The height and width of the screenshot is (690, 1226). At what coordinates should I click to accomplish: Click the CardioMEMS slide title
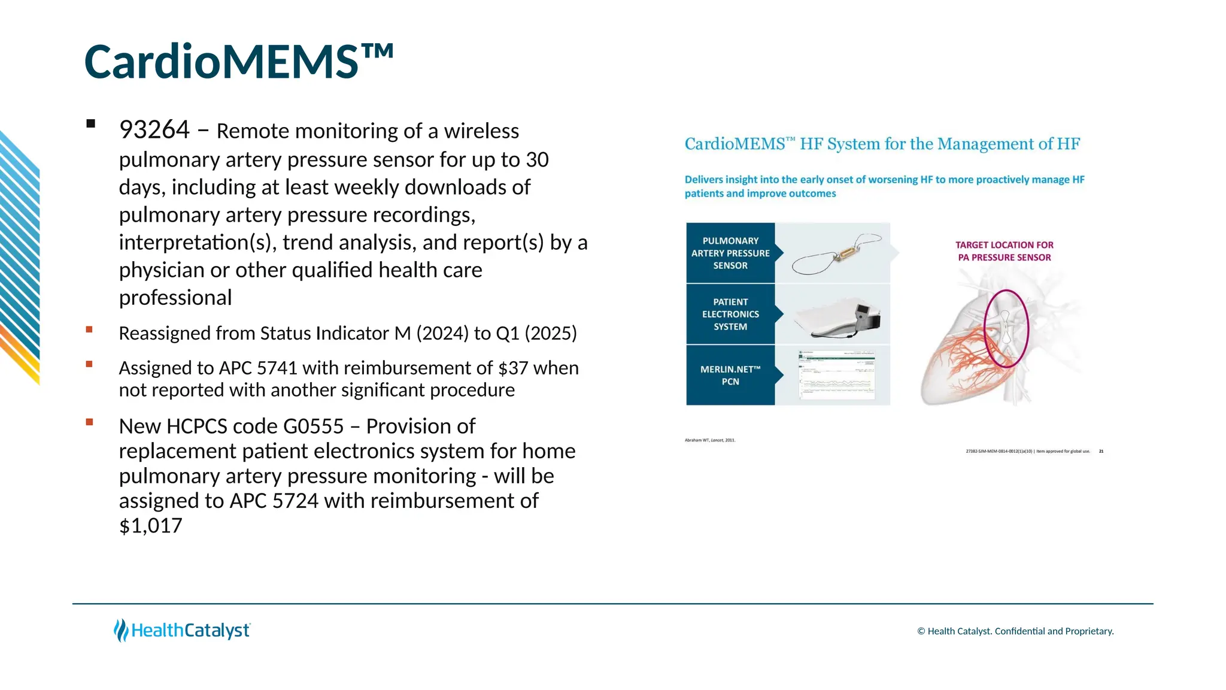click(238, 62)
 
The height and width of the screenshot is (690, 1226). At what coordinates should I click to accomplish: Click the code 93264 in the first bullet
click(154, 130)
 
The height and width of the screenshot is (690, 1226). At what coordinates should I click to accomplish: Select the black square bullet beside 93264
click(91, 124)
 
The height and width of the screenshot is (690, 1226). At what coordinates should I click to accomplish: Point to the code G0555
click(313, 426)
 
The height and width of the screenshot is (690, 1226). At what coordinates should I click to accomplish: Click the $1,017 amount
click(150, 526)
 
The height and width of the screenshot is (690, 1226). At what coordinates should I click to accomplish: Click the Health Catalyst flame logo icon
click(121, 630)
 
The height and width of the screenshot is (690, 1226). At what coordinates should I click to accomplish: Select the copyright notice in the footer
click(1015, 631)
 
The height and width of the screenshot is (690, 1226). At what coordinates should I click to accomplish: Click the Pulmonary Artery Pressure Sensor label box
click(730, 253)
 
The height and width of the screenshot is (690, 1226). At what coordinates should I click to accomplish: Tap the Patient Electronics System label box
click(730, 314)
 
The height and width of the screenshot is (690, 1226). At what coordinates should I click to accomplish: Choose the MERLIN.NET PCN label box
click(730, 376)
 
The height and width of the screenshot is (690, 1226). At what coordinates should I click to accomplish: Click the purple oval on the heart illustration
click(1006, 328)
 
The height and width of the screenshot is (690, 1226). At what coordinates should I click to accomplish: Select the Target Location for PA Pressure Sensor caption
click(1004, 252)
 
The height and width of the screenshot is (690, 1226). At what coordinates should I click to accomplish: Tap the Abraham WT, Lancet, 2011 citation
click(709, 440)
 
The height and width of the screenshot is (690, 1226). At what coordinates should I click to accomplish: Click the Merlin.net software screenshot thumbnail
click(837, 376)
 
